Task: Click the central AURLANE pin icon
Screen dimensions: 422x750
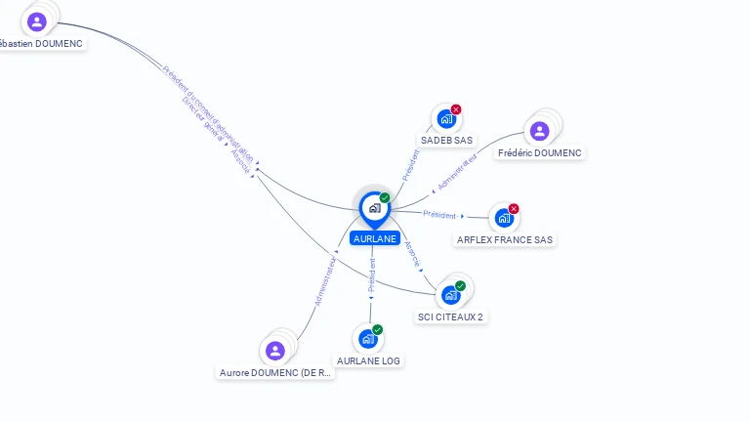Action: [374, 208]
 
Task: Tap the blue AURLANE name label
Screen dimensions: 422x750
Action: [375, 238]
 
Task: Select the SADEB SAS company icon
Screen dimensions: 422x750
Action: [446, 119]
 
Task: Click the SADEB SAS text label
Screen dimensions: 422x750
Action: [446, 141]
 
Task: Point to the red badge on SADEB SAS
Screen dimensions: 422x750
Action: [456, 109]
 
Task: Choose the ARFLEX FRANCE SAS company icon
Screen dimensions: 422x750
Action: [504, 218]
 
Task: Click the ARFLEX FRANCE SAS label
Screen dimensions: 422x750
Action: [506, 239]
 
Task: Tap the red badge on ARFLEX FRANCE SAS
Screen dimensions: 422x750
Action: [514, 208]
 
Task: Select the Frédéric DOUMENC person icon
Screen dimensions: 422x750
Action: [539, 130]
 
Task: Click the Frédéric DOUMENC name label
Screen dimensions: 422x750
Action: [539, 153]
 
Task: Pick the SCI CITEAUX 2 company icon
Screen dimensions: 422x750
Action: [450, 294]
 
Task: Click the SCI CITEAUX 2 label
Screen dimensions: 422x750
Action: [450, 316]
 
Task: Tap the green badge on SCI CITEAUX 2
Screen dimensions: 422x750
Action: [460, 285]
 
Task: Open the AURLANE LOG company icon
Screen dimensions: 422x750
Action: [368, 338]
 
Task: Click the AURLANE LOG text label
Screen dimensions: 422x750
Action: [368, 360]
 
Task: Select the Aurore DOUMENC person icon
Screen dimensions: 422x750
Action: [275, 350]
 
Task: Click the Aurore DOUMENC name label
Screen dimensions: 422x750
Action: [275, 372]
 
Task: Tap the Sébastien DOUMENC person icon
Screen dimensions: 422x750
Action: [37, 21]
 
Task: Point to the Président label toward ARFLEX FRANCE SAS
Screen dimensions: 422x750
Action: [439, 214]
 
